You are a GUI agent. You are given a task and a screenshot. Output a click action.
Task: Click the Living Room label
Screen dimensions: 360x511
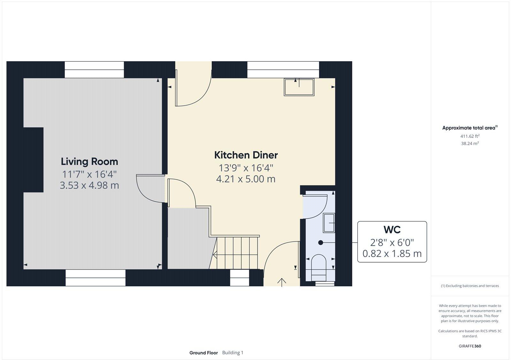(x=89, y=161)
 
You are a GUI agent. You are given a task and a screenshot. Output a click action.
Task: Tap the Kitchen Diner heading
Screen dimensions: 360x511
(x=246, y=155)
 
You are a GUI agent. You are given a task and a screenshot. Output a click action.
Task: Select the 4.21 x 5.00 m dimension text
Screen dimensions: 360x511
(x=246, y=179)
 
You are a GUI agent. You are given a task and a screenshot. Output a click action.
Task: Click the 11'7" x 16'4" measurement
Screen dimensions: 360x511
(x=89, y=174)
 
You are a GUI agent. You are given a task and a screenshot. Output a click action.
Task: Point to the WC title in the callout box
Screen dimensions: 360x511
(x=392, y=230)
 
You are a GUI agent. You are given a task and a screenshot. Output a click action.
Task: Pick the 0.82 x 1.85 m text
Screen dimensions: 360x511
(x=392, y=254)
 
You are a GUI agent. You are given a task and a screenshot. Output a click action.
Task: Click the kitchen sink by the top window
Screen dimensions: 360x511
(x=299, y=87)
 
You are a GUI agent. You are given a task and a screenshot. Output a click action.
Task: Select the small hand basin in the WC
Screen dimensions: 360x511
(x=329, y=222)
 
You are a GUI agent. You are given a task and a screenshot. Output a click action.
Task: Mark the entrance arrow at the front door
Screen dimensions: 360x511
(x=281, y=282)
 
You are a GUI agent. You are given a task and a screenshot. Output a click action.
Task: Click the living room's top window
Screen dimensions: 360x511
(x=94, y=70)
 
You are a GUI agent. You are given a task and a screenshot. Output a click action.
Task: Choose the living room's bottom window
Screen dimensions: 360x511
(x=95, y=277)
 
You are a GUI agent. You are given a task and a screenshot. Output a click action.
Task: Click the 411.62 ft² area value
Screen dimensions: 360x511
(x=469, y=136)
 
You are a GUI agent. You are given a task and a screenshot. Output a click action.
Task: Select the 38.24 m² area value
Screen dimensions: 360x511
(x=469, y=144)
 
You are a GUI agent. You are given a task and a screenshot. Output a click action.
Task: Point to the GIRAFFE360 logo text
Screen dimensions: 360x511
(x=470, y=346)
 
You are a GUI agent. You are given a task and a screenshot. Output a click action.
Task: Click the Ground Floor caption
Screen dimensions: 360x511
(x=203, y=353)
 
